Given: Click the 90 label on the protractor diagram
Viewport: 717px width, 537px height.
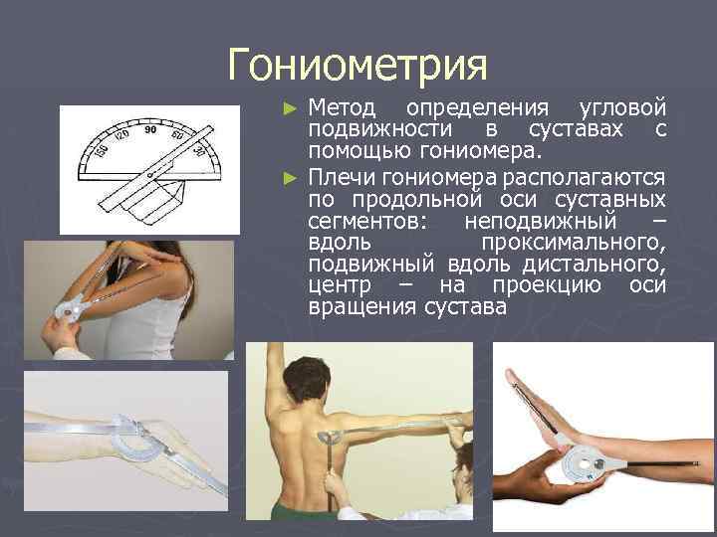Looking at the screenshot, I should point(150,129).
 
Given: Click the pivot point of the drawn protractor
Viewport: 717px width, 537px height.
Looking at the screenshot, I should point(151,176).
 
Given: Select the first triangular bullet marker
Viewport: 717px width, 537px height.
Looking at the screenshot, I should point(290,107).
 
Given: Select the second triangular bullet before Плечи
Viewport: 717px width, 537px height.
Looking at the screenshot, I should point(290,176).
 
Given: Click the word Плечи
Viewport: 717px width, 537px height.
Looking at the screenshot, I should point(339,176).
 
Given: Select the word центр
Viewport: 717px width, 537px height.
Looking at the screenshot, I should point(340,286).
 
